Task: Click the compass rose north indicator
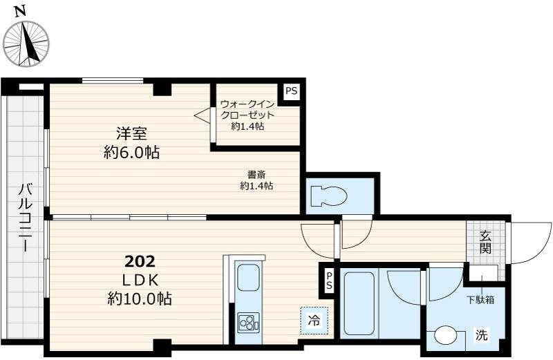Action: click(26, 44)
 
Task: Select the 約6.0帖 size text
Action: click(131, 153)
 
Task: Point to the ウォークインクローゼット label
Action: click(247, 110)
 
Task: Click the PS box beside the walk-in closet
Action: click(292, 91)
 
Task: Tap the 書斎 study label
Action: click(256, 174)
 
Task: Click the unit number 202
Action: click(140, 262)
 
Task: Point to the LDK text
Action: click(141, 280)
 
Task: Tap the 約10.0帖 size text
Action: click(140, 299)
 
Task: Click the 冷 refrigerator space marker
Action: click(314, 321)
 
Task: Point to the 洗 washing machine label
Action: click(480, 337)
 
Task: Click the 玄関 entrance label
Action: click(486, 241)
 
